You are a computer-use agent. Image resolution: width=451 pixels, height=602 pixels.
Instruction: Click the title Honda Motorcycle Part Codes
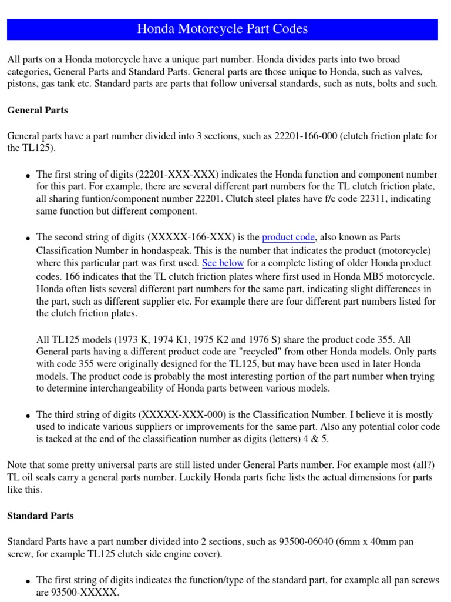(222, 29)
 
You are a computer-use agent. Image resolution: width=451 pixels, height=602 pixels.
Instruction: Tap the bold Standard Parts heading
(40, 516)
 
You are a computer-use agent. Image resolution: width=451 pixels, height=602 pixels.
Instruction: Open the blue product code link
(288, 238)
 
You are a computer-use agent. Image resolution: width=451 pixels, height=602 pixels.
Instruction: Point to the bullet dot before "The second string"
(27, 239)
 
